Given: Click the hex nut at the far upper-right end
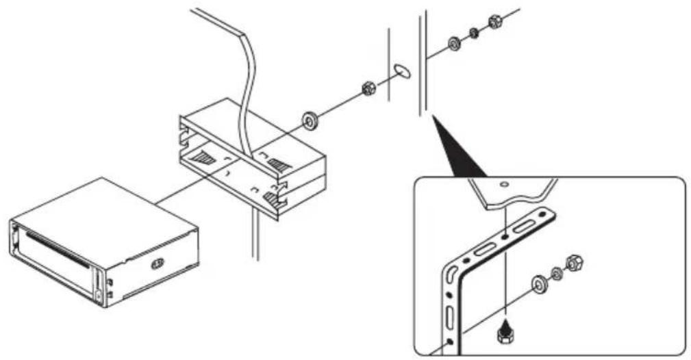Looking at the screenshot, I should pyautogui.click(x=494, y=21).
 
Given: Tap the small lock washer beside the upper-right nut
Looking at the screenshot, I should pyautogui.click(x=475, y=33).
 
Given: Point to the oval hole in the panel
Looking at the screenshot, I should pyautogui.click(x=403, y=70).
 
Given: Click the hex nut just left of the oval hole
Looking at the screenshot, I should pyautogui.click(x=368, y=88).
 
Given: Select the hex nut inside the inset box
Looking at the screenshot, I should pyautogui.click(x=575, y=261).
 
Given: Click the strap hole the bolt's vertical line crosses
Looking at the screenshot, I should pyautogui.click(x=505, y=235).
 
